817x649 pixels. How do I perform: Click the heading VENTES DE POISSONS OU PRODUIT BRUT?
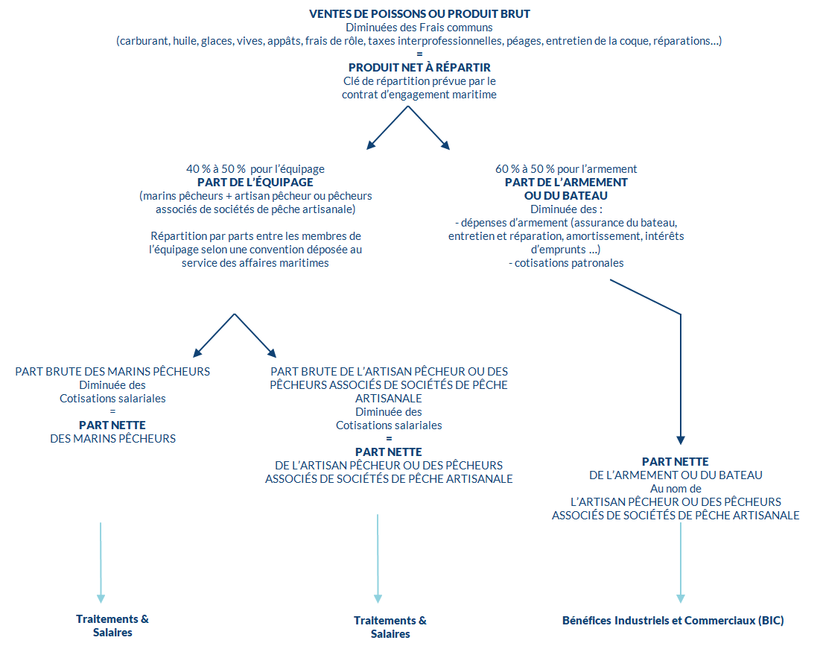[x=419, y=14]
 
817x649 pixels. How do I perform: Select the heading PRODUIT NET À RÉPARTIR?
[x=419, y=67]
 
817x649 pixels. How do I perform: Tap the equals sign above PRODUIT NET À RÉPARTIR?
[x=419, y=54]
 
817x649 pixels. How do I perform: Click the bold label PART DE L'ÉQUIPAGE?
[x=255, y=183]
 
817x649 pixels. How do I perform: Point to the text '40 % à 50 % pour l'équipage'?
[x=255, y=169]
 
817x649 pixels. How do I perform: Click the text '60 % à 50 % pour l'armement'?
[x=566, y=169]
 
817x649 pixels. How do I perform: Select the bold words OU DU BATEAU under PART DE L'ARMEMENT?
[x=566, y=196]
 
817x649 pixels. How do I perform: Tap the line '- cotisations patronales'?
[x=566, y=263]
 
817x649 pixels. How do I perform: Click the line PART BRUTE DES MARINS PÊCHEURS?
[x=112, y=372]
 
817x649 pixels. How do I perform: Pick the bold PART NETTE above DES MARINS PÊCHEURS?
[x=112, y=425]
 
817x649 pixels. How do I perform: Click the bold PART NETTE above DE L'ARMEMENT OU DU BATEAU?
[x=675, y=462]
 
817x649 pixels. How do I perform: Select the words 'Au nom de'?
[x=675, y=489]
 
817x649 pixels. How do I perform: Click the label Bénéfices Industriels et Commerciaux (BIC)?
[x=673, y=621]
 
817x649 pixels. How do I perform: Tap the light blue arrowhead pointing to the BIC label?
[x=681, y=598]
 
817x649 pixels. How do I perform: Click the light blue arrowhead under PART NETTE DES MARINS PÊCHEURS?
[x=101, y=598]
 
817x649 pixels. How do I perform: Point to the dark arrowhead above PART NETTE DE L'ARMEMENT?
[x=681, y=440]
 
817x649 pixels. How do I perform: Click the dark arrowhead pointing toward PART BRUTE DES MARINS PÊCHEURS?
[x=197, y=353]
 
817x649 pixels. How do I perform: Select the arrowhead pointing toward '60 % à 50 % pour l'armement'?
[x=445, y=145]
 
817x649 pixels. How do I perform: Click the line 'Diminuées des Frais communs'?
[x=419, y=28]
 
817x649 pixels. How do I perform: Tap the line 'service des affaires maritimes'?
[x=255, y=263]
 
